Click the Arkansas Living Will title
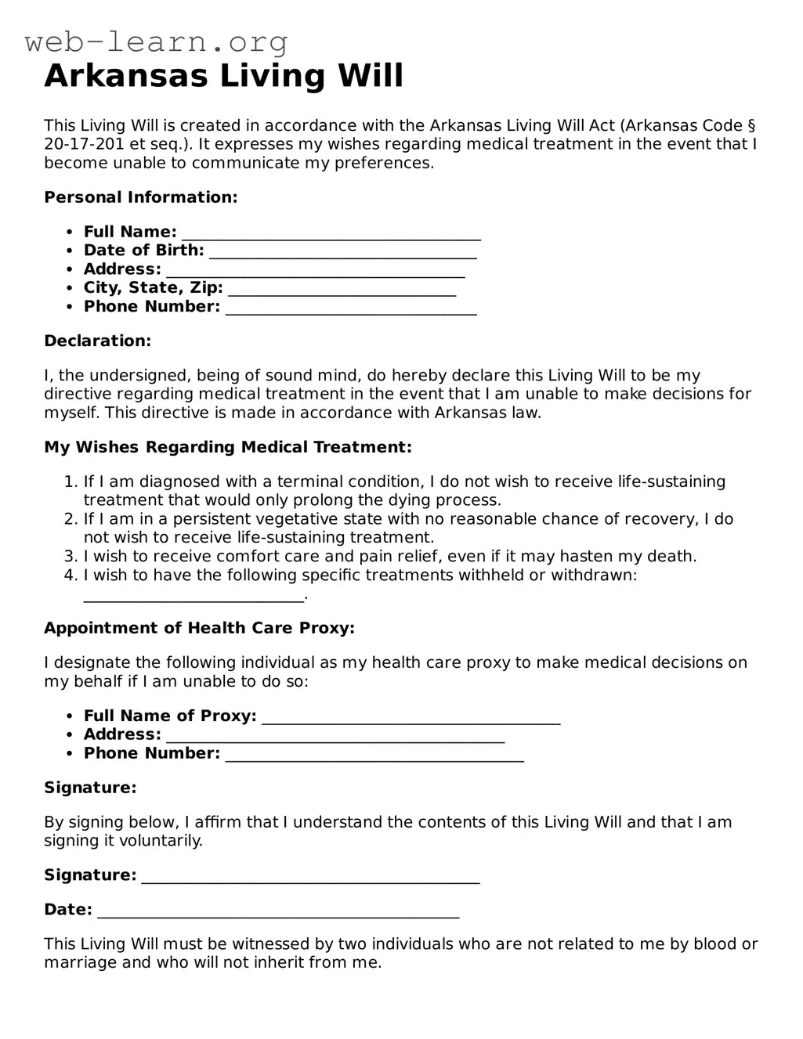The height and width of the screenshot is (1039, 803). (224, 76)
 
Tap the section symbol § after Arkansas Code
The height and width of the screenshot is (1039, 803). (751, 126)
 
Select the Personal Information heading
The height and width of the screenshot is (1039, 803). (141, 197)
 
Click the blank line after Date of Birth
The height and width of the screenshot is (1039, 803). (343, 252)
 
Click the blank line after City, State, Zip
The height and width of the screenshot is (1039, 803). (342, 290)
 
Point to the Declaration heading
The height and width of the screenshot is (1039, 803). (98, 341)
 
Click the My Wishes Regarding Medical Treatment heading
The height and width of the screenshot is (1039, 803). (228, 448)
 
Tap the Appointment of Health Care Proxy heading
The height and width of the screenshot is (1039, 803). (200, 629)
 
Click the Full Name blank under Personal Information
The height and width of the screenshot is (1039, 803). (331, 233)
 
